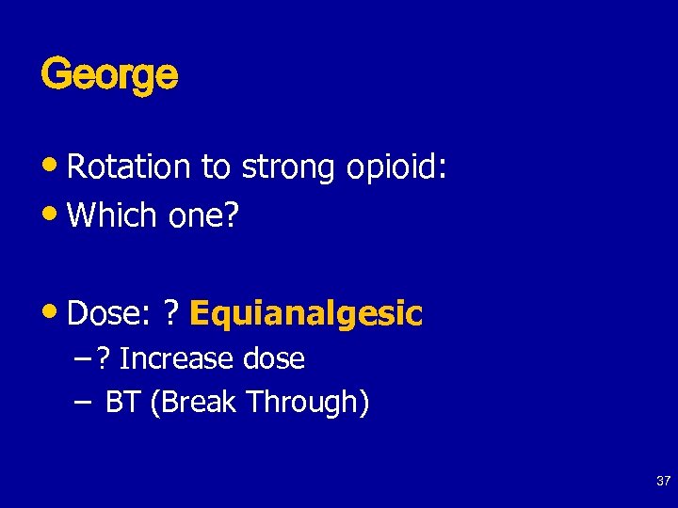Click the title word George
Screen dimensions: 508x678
109,74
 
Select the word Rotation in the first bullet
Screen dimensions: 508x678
129,167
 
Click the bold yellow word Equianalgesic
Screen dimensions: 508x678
306,313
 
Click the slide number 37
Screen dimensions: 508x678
663,482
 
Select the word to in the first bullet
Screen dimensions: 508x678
216,167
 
